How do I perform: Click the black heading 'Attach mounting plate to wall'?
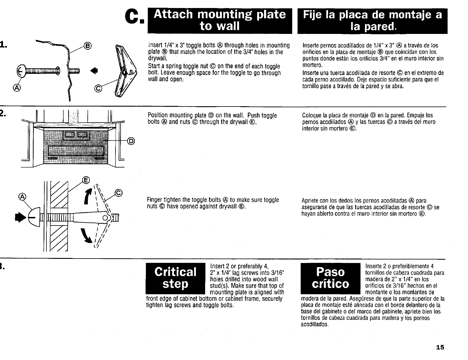pyautogui.click(x=220, y=21)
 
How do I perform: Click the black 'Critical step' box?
pyautogui.click(x=175, y=278)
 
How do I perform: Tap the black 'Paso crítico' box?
pyautogui.click(x=330, y=278)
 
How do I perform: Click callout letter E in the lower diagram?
pyautogui.click(x=86, y=180)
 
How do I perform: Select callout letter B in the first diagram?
pyautogui.click(x=88, y=46)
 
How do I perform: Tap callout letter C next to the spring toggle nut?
pyautogui.click(x=97, y=88)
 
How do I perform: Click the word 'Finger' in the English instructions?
pyautogui.click(x=155, y=200)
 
